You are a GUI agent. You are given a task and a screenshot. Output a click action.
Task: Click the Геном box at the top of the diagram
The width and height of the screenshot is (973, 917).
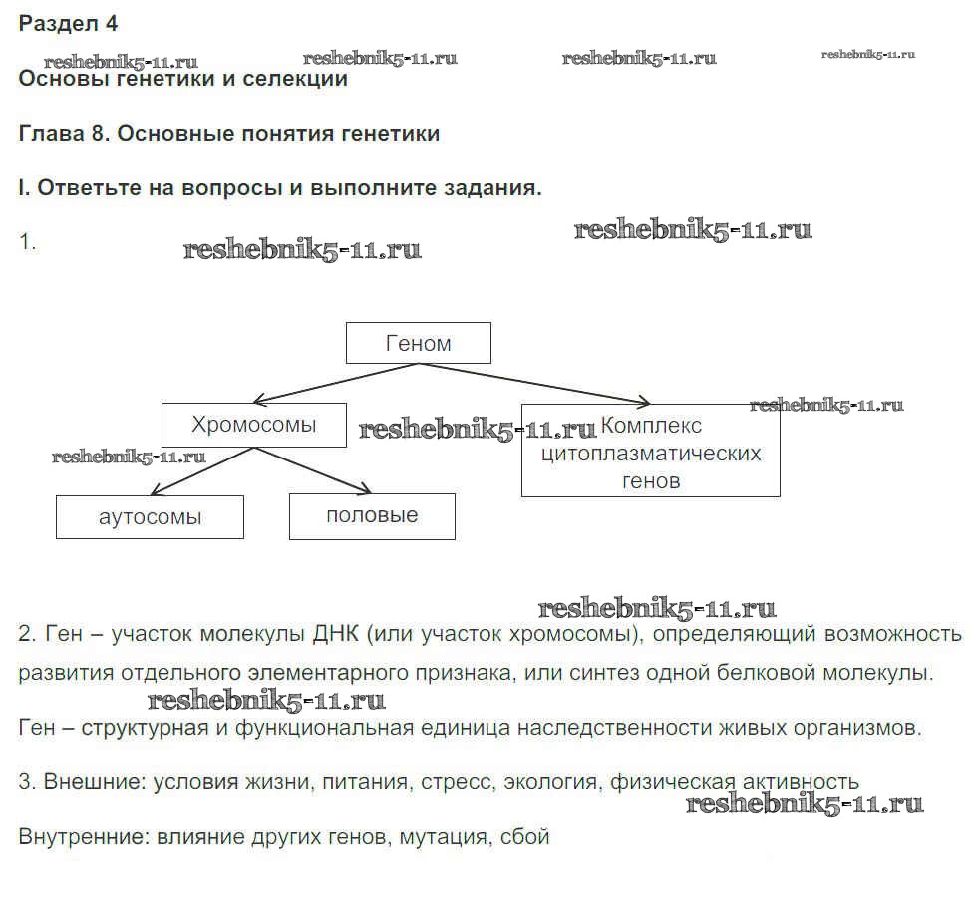tap(418, 343)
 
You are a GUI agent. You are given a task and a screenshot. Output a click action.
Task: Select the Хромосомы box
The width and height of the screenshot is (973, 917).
tap(254, 425)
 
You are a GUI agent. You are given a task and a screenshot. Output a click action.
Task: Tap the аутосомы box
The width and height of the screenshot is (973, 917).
tap(151, 517)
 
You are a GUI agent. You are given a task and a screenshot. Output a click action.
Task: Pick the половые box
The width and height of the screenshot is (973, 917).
tap(372, 516)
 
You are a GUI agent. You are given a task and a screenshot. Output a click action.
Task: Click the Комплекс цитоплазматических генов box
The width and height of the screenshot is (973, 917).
tap(650, 453)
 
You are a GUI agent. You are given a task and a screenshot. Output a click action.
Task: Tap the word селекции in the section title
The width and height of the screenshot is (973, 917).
tap(295, 80)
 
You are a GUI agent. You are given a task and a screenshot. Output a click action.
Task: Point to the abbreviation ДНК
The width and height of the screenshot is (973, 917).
tap(336, 634)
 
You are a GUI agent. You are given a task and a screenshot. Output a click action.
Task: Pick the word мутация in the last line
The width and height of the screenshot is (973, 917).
tap(443, 836)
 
